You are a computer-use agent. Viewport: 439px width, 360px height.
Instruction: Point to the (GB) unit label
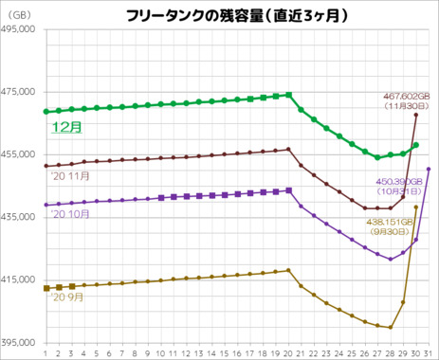[21, 15]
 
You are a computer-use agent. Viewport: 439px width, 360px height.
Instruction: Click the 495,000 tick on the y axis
[19, 29]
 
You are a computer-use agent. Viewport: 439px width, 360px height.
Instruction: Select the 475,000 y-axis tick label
[19, 92]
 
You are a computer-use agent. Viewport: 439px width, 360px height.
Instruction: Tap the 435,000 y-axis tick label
[19, 217]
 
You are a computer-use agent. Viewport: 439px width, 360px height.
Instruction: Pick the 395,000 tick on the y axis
[19, 342]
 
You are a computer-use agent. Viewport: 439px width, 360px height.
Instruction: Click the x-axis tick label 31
[430, 352]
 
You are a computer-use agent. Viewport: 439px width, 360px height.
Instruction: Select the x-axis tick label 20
[288, 352]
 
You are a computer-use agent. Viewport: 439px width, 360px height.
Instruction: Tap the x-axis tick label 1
[46, 352]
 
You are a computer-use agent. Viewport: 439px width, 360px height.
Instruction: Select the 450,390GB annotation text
[401, 181]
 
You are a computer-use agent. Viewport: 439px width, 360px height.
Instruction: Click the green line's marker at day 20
[288, 95]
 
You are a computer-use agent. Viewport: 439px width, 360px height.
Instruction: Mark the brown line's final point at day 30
[416, 115]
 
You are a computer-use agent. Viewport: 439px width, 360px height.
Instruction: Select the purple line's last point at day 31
[430, 169]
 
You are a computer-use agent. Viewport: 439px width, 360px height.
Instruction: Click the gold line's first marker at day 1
[46, 288]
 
